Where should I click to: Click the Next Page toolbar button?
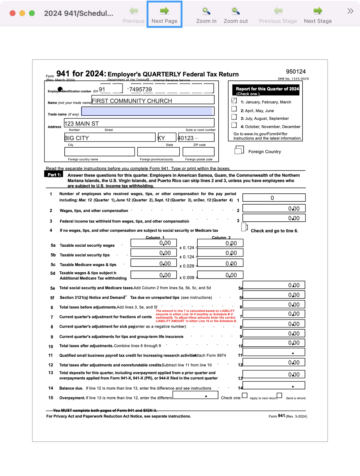click(x=164, y=15)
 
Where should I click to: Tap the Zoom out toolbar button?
click(x=236, y=15)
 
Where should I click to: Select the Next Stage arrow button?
click(x=318, y=15)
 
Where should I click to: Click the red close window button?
click(x=13, y=13)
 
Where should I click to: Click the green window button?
click(x=32, y=13)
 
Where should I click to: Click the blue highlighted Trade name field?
click(x=148, y=111)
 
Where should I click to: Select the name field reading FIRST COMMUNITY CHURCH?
click(x=153, y=100)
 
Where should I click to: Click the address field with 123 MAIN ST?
click(x=139, y=123)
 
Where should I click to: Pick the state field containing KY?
click(x=167, y=137)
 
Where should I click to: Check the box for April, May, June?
click(x=234, y=109)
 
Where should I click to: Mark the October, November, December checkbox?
click(x=234, y=125)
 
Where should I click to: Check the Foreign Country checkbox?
click(x=239, y=151)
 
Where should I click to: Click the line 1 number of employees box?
click(x=274, y=198)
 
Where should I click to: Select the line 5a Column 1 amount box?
click(x=153, y=243)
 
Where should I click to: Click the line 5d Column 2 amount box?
click(x=220, y=275)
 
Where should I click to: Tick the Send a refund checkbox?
click(x=280, y=395)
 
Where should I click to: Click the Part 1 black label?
click(x=54, y=175)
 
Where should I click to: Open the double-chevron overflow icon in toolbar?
click(x=350, y=11)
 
